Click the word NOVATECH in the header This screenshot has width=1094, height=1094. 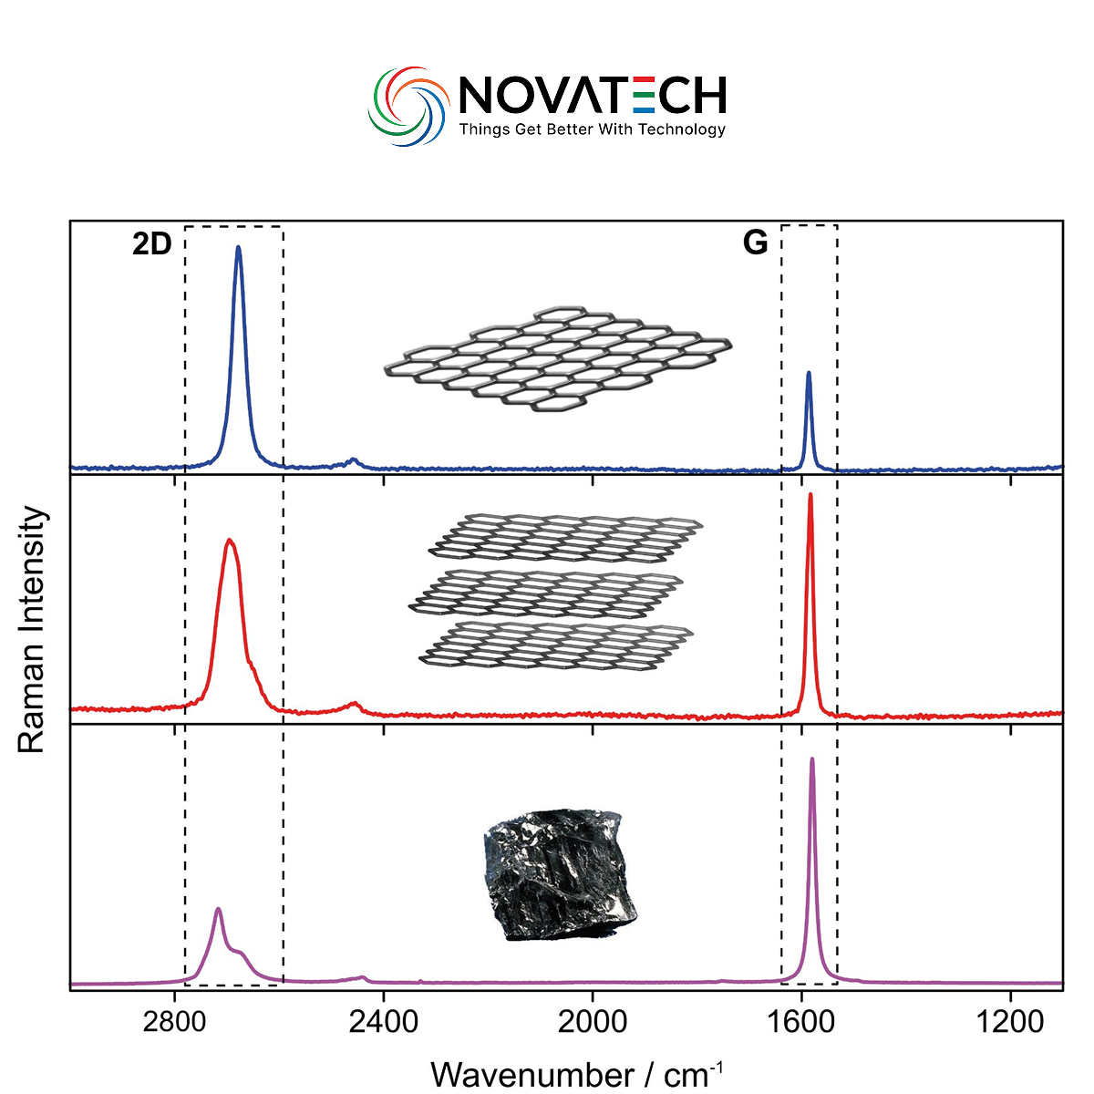tap(592, 95)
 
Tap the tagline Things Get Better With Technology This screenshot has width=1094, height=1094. tap(592, 129)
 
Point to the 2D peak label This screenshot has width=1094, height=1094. tap(151, 244)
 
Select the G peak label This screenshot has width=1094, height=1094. tap(755, 243)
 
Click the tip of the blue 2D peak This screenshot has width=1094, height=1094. tap(239, 247)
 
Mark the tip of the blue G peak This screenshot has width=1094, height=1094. tap(808, 373)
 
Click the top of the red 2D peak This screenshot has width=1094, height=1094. tap(230, 541)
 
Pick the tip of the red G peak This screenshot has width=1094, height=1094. tap(810, 494)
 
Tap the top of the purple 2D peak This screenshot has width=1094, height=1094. tap(218, 909)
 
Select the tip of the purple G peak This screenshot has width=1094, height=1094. tap(811, 759)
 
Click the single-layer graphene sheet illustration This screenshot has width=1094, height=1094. tap(558, 356)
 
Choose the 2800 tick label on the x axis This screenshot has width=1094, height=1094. tap(174, 1021)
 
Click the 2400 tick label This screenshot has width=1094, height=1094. tap(383, 1021)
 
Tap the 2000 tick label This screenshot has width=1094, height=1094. tap(592, 1021)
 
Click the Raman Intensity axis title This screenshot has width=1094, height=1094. tap(32, 629)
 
